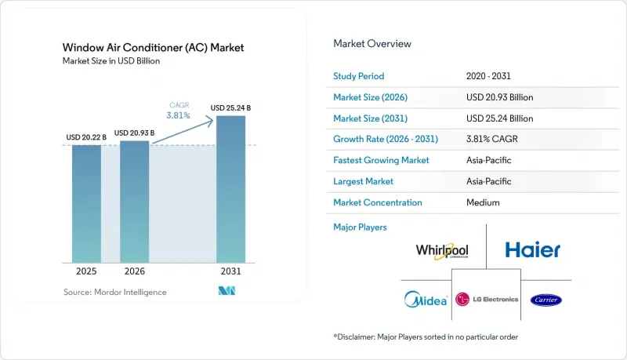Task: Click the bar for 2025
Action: coord(86,204)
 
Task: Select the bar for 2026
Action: coord(134,202)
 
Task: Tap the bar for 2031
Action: coord(230,189)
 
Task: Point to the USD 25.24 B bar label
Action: coord(230,108)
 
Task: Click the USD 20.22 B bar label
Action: coord(86,137)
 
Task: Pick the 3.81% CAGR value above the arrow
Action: coord(179,115)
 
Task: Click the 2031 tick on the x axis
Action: coord(230,271)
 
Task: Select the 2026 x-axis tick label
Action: coord(134,271)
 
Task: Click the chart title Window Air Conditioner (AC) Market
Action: coord(153,48)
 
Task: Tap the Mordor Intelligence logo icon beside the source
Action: coord(227,291)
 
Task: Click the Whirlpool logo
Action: coord(442,251)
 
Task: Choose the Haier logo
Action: coord(533,249)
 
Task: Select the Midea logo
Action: coord(426,300)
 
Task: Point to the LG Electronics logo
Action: coord(487,299)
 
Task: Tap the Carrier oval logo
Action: coord(545,300)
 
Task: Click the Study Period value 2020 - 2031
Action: coord(488,76)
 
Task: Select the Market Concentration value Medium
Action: coord(483,202)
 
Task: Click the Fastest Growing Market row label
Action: coord(381,161)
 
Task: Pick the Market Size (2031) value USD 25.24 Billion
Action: coord(499,118)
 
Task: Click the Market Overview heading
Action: coord(372,44)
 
